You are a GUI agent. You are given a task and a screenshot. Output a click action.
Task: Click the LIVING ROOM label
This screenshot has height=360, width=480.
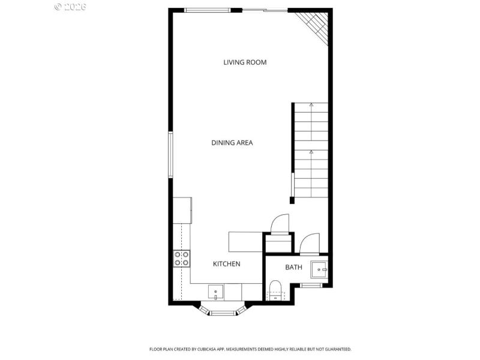[x=245, y=62]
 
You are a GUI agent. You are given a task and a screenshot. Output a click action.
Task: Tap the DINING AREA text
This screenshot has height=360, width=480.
[x=232, y=143]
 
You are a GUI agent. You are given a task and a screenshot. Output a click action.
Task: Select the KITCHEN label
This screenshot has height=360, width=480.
[x=227, y=264]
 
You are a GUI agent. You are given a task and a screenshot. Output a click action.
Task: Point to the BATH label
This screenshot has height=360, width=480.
[x=293, y=267]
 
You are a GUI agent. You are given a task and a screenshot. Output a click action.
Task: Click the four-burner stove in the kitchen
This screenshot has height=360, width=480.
[x=182, y=259]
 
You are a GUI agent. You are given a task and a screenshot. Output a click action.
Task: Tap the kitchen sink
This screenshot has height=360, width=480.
[x=216, y=292]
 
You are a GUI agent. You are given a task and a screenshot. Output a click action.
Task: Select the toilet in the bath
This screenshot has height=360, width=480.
[x=276, y=290]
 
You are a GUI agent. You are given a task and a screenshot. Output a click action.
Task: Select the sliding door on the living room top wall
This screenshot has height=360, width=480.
[x=264, y=10]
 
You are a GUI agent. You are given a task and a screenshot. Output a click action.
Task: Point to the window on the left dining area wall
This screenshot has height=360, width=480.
[x=171, y=155]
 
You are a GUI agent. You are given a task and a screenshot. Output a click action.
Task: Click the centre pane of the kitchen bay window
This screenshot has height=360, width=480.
[x=223, y=312]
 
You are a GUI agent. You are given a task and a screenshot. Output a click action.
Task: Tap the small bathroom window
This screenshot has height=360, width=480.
[x=311, y=285]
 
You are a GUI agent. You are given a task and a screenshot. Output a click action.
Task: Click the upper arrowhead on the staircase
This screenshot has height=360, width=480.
[x=311, y=105]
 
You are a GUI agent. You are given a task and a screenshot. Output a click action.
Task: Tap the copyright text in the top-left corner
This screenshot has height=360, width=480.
[x=70, y=7]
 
